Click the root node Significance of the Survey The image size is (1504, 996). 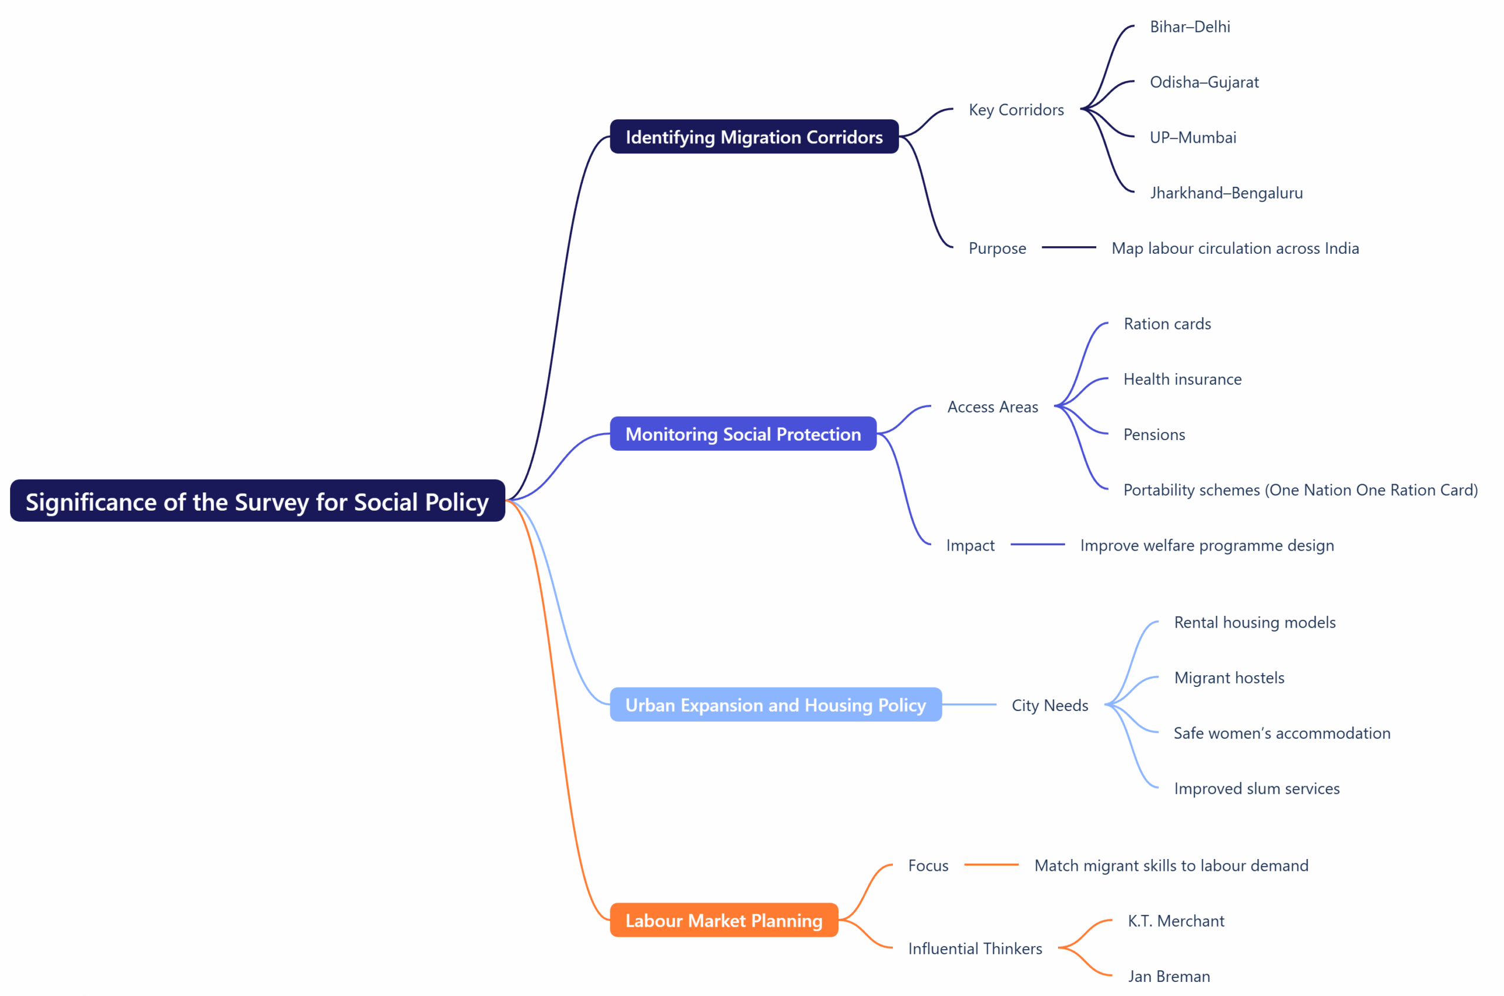point(257,501)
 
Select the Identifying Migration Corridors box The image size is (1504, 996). point(754,136)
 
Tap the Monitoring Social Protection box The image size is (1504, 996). point(743,434)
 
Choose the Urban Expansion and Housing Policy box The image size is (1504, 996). point(775,705)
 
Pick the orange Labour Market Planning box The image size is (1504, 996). point(723,920)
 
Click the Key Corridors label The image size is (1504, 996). point(1016,110)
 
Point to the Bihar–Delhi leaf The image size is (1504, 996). point(1190,26)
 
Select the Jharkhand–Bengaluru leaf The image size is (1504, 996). point(1226,193)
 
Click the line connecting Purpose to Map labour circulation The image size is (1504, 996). point(1068,247)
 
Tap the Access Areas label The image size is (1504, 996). point(992,407)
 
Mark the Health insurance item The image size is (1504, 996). point(1182,379)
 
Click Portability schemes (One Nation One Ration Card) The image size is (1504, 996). point(1300,489)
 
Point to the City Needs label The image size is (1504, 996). point(1049,705)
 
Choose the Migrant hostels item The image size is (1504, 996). point(1229,678)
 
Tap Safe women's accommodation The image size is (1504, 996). point(1282,733)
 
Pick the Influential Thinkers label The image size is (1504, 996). point(975,948)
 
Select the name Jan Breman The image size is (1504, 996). point(1169,976)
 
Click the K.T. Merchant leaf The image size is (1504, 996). point(1176,921)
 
